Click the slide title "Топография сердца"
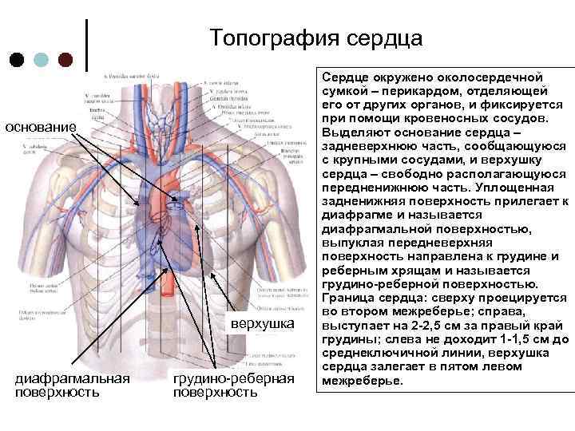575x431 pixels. coord(316,38)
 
